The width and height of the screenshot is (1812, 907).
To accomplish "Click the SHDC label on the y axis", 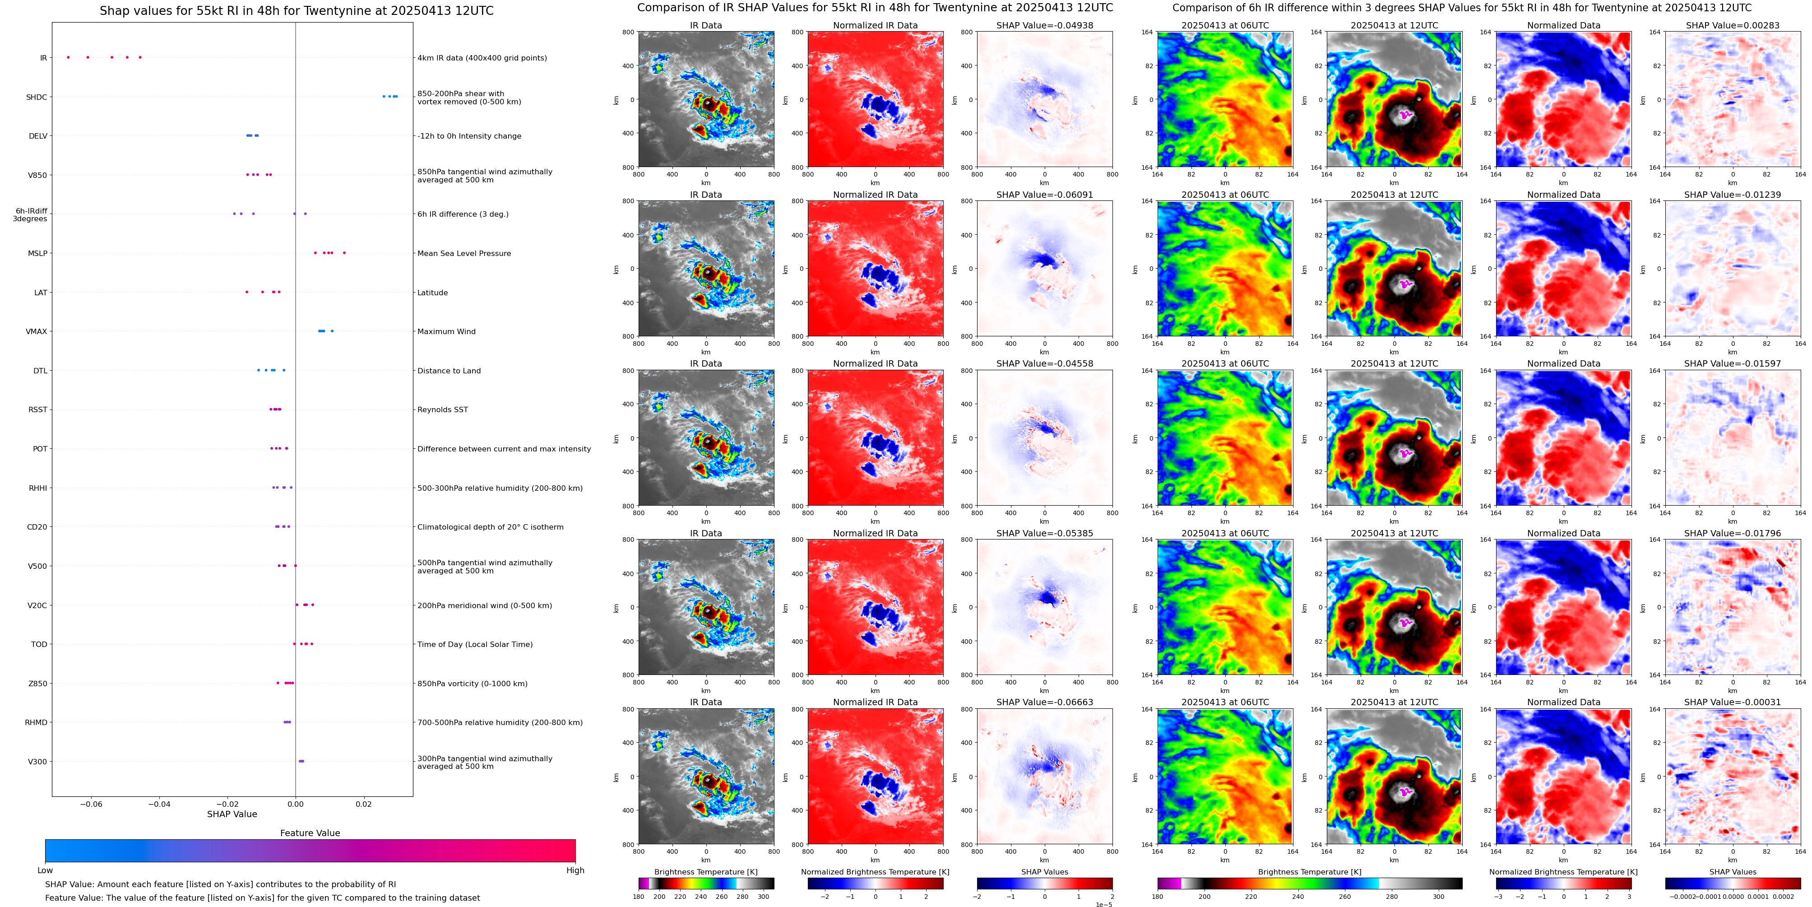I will click(37, 97).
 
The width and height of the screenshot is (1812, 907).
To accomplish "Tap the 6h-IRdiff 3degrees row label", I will click(30, 214).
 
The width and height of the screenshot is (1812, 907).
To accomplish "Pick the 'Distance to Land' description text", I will click(449, 371).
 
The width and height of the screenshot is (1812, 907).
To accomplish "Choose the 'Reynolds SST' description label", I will click(442, 409).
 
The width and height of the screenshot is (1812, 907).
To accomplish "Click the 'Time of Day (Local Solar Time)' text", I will click(475, 645).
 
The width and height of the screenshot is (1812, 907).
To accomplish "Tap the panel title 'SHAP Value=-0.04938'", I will click(1045, 25).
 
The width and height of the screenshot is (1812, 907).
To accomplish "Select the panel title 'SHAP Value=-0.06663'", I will click(1045, 702).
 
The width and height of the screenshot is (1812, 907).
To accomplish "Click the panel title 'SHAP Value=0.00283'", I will click(1733, 25).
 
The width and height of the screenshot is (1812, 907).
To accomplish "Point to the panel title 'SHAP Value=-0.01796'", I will click(1733, 533).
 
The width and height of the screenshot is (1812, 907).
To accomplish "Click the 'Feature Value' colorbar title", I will click(310, 833).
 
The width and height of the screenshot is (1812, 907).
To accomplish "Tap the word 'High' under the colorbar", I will click(575, 870).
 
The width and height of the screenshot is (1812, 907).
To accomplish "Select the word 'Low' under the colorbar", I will click(45, 870).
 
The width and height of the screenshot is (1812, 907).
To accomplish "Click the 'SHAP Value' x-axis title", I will click(232, 814).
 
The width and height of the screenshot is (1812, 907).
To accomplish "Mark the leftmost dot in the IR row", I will click(68, 57).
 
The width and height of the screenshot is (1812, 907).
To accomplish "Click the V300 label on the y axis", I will click(37, 761).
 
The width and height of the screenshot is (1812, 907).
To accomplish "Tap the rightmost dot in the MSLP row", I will click(344, 253).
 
